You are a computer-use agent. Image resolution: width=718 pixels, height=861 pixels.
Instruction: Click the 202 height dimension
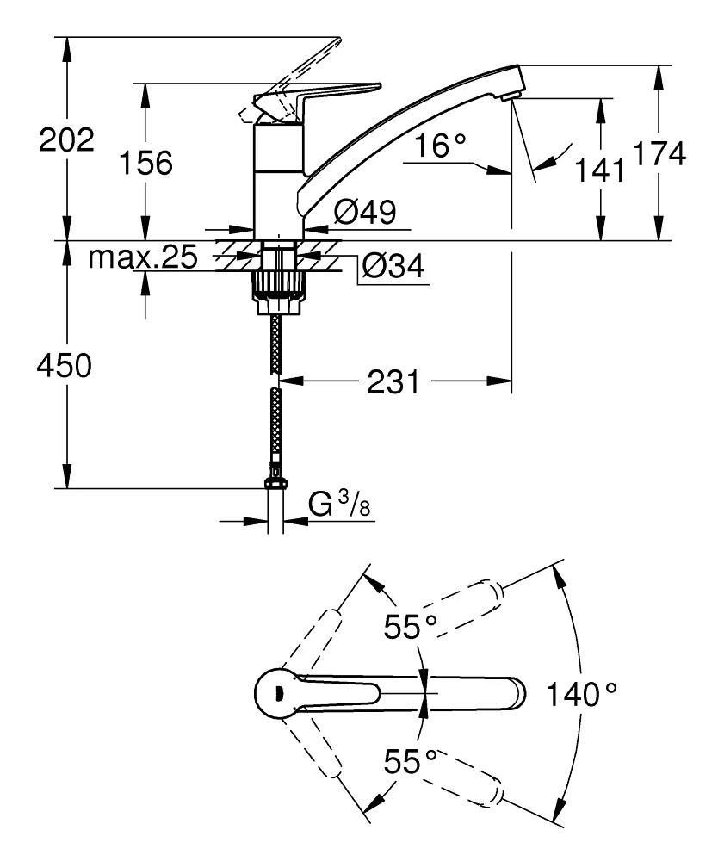[66, 140]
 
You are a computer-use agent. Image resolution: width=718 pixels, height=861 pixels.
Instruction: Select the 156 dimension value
[145, 162]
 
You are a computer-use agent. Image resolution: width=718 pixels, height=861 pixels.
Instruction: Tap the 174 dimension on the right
[659, 154]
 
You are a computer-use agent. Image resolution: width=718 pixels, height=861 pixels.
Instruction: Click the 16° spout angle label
[438, 146]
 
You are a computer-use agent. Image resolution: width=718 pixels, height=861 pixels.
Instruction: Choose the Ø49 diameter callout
[364, 213]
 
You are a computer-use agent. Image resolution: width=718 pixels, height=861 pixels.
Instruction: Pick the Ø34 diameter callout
[393, 267]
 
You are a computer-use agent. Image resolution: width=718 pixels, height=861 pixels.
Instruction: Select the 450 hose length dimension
[65, 366]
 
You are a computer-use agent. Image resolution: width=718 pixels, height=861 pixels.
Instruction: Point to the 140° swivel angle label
[581, 692]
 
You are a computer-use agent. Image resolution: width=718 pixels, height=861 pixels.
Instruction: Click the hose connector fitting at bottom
[275, 476]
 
